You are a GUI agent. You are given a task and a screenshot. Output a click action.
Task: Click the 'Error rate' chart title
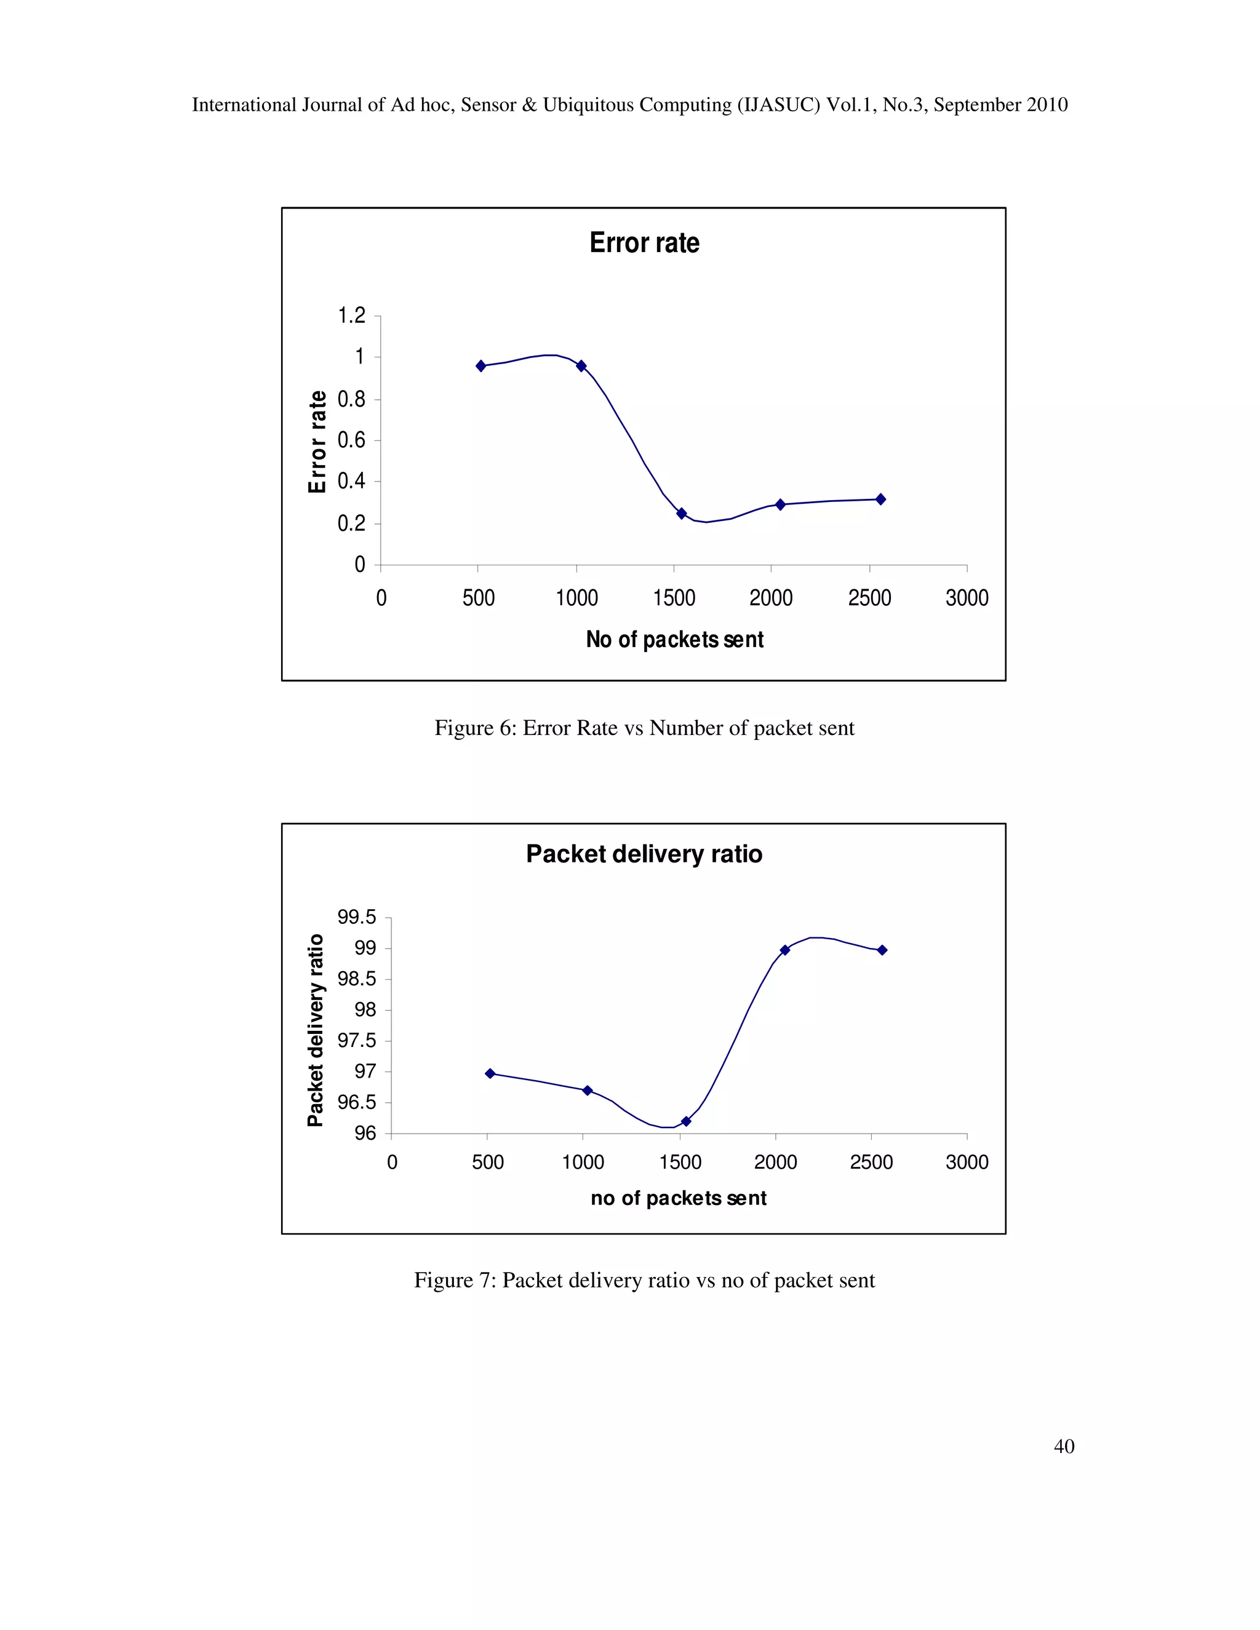[x=644, y=244]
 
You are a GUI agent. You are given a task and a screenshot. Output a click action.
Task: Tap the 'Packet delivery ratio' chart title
[x=644, y=854]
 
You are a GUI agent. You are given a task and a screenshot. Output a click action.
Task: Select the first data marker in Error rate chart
[x=480, y=366]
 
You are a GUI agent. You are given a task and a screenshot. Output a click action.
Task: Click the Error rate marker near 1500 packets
[x=682, y=514]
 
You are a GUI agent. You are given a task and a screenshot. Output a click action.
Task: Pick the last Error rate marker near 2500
[x=881, y=499]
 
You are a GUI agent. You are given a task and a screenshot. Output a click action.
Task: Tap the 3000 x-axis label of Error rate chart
[x=967, y=598]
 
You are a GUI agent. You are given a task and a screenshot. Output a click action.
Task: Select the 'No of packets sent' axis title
[x=674, y=640]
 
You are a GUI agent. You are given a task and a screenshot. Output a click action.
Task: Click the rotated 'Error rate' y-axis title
[x=317, y=441]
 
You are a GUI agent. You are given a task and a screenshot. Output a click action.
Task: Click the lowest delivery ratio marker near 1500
[x=686, y=1121]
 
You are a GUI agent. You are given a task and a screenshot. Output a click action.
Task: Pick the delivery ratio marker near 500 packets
[x=490, y=1073]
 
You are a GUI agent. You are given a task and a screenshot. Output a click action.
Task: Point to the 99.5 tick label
[x=357, y=917]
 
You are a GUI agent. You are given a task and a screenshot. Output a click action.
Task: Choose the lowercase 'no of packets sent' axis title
[x=678, y=1198]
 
